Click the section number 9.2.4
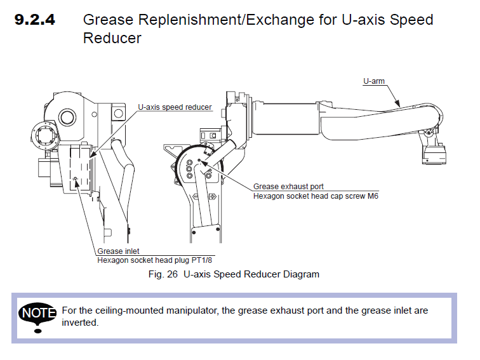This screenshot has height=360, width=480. (35, 20)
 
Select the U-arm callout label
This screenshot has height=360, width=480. (374, 81)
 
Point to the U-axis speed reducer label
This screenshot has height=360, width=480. (175, 107)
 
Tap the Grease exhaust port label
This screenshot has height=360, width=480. (288, 187)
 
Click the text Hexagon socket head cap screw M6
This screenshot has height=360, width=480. (316, 196)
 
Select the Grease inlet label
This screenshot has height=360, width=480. (118, 251)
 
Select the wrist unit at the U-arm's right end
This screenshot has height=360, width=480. (434, 151)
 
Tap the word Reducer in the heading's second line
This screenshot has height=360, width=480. (112, 39)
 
